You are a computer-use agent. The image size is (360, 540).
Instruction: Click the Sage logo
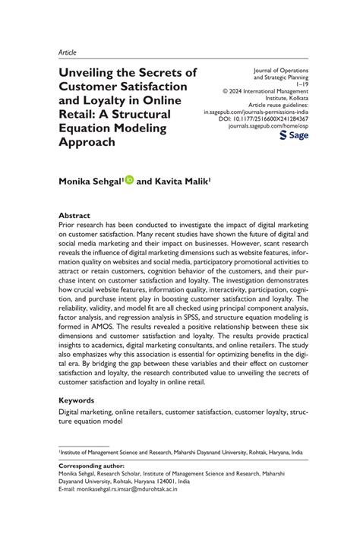click(292, 135)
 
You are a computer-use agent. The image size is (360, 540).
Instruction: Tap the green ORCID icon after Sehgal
click(130, 180)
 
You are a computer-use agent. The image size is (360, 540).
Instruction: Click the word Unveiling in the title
click(87, 73)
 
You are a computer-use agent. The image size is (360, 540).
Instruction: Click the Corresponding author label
click(93, 465)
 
